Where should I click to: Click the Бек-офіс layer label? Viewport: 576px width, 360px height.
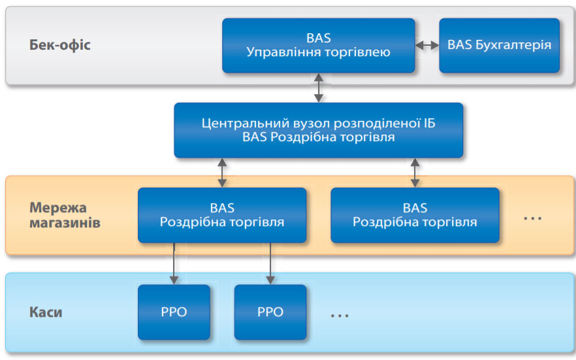(60, 45)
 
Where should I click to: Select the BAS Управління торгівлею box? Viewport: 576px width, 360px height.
(319, 45)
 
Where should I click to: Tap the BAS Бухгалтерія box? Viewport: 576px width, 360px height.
(499, 45)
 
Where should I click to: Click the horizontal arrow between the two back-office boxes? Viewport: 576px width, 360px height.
(427, 45)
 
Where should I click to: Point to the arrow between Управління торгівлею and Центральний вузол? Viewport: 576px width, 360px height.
(319, 88)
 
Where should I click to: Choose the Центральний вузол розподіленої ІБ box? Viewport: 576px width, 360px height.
(319, 130)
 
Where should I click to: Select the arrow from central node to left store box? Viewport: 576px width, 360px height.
(222, 172)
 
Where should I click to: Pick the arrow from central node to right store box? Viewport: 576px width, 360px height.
(415, 172)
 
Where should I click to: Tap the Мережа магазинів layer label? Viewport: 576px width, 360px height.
(65, 215)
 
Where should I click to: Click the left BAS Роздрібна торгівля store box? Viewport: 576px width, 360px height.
(222, 215)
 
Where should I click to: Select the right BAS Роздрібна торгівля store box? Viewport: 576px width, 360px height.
(415, 215)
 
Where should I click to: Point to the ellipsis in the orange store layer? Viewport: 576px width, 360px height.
(533, 219)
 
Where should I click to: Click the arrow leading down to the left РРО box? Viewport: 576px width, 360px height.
(174, 263)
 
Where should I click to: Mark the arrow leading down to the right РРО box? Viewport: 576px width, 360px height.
(270, 263)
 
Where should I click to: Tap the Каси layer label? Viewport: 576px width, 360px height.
(46, 312)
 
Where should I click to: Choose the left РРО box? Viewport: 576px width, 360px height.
(174, 312)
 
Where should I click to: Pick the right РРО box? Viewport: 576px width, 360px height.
(270, 312)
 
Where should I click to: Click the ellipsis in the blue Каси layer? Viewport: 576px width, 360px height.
(340, 316)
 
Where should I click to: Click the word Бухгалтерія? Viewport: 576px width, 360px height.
(513, 45)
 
